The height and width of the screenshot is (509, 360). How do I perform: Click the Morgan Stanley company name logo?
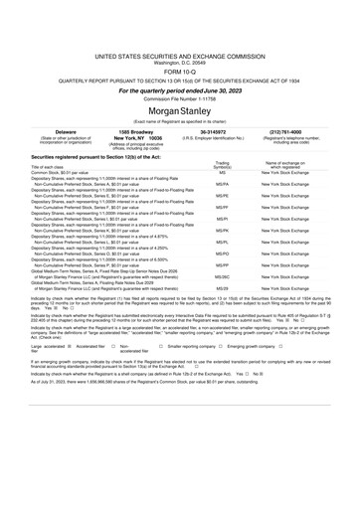(x=180, y=83)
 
